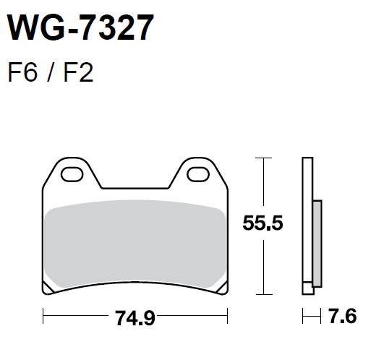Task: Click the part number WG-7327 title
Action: [81, 27]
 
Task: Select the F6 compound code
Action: [23, 73]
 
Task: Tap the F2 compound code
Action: [78, 73]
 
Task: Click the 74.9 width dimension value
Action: [135, 318]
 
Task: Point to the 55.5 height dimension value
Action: [262, 223]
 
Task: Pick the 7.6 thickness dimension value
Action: [343, 316]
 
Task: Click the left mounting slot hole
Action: [72, 174]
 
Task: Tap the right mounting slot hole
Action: [198, 174]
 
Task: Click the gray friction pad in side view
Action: [317, 244]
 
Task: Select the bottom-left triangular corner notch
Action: [47, 288]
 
